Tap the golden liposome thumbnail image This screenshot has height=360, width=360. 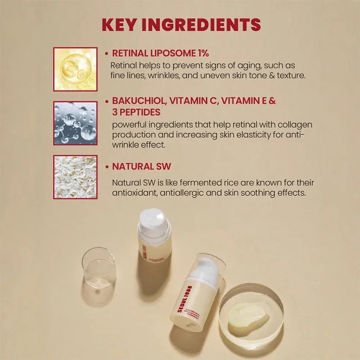pos(75,69)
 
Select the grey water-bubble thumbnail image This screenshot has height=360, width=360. pos(75,123)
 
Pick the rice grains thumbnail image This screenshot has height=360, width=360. pos(75,177)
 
